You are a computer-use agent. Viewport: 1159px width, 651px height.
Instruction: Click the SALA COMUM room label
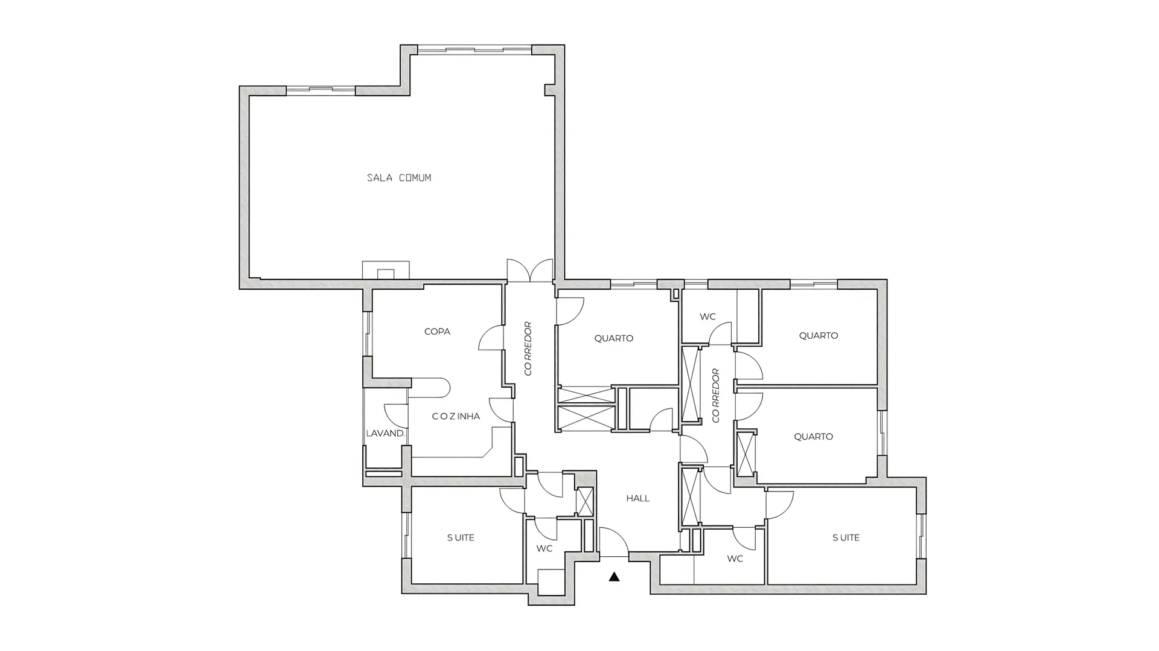[x=399, y=178]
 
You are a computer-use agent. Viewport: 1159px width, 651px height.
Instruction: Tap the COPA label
[x=437, y=332]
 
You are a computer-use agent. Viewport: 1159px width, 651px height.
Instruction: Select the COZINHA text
[x=456, y=416]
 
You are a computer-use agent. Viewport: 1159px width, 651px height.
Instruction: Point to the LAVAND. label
[x=385, y=433]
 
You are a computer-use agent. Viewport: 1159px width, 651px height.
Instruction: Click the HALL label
[x=637, y=498]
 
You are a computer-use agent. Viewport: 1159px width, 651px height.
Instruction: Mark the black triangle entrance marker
[x=614, y=577]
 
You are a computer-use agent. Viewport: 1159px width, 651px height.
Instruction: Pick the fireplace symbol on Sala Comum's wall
[x=386, y=270]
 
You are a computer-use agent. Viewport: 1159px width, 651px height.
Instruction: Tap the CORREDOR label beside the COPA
[x=528, y=348]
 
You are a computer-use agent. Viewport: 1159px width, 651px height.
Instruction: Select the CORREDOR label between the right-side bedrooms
[x=716, y=396]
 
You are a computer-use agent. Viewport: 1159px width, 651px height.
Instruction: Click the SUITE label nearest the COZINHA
[x=461, y=537]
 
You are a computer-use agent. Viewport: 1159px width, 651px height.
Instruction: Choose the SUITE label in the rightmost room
[x=846, y=537]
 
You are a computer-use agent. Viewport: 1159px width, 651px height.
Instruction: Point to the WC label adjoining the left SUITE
[x=544, y=548]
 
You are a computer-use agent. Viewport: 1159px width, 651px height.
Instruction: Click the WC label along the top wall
[x=707, y=316]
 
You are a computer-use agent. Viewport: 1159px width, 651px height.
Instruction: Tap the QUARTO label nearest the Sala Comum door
[x=613, y=338]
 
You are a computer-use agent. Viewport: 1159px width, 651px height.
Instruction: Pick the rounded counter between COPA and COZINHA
[x=430, y=388]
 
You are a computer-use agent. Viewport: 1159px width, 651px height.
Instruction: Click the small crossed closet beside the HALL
[x=585, y=501]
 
